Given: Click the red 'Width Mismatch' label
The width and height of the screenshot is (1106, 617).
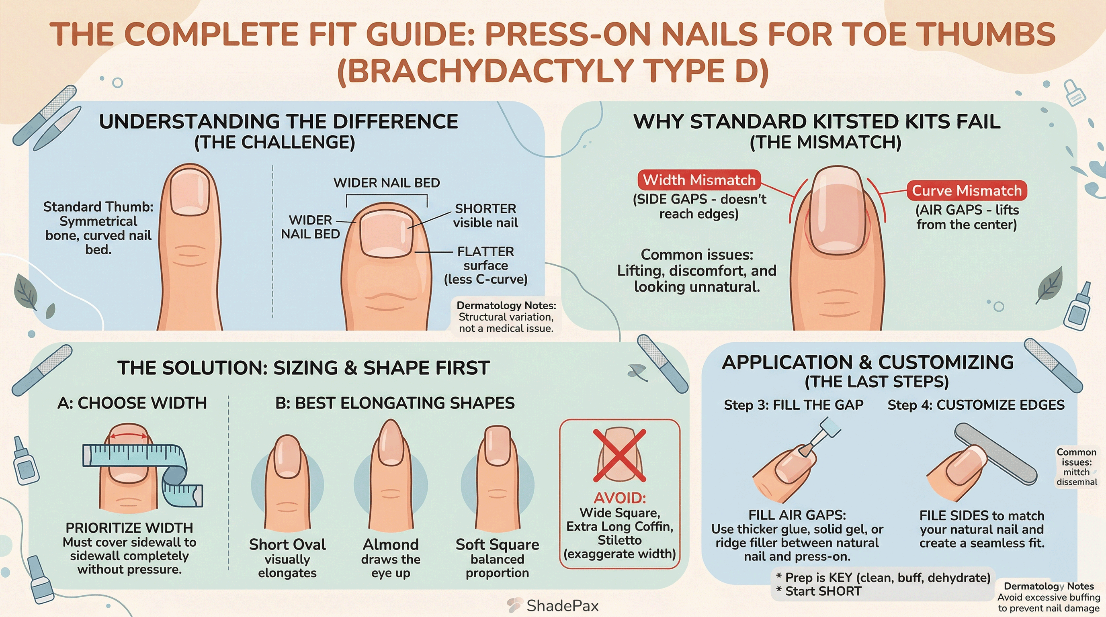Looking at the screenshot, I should point(698,180).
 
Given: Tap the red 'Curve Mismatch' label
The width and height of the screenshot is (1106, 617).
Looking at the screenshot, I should point(967,190).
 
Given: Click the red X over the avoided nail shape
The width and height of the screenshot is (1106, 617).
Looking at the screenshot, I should point(619,455).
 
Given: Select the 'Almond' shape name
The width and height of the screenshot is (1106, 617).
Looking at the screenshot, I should point(390,544).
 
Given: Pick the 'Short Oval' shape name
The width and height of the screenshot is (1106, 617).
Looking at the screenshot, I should point(287,544).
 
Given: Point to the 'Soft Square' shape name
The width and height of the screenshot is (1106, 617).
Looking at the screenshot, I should point(497,544).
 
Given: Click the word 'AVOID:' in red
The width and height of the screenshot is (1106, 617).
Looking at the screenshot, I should point(619,498).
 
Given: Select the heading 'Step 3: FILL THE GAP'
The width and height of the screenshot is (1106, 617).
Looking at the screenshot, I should point(793,405).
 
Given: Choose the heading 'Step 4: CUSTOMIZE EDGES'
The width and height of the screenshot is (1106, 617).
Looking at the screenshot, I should point(976,405).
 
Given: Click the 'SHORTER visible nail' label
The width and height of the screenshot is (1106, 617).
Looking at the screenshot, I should point(485,215).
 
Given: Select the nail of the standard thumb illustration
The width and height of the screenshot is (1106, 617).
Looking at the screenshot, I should point(189,192).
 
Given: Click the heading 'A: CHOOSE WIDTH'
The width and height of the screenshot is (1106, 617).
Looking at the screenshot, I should point(132,403).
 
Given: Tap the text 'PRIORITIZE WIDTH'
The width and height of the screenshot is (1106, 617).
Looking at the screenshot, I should point(129,527).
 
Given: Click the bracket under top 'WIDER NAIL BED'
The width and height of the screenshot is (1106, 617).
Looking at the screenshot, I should point(386,196).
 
